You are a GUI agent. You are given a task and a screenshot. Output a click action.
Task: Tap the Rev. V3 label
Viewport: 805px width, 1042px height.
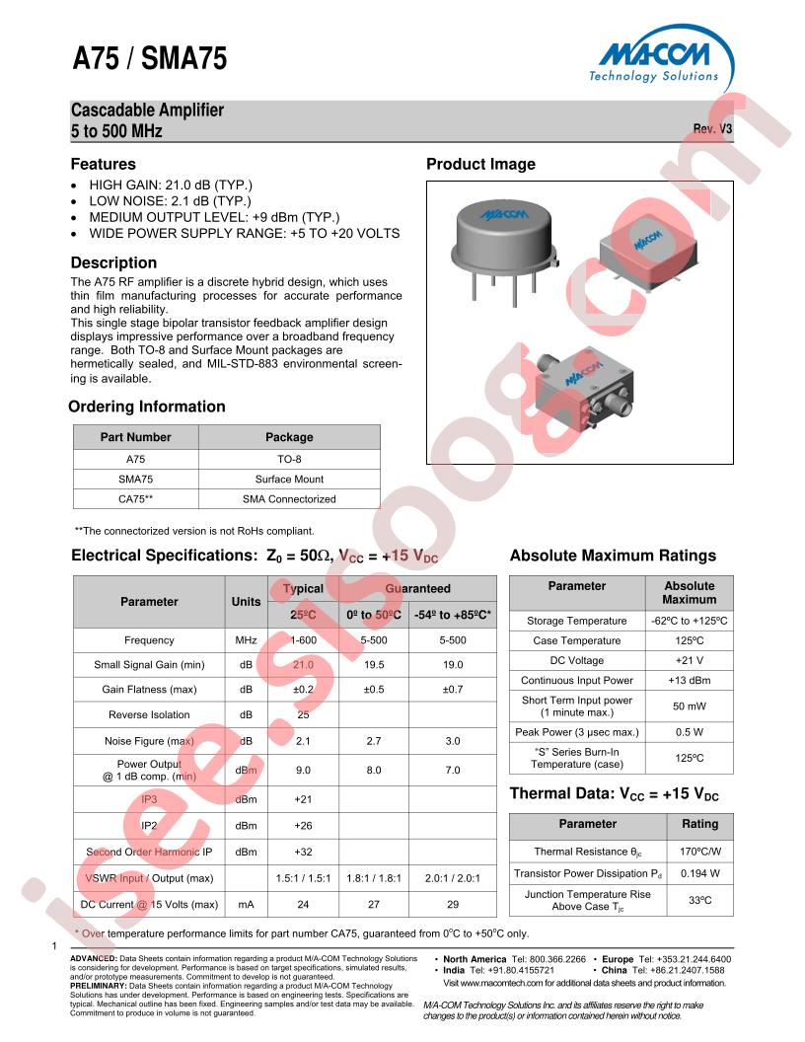[x=712, y=128]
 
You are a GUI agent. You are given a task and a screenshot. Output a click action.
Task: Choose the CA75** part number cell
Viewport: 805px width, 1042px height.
[x=136, y=499]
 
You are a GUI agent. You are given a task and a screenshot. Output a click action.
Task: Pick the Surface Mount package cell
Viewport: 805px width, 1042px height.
[x=289, y=479]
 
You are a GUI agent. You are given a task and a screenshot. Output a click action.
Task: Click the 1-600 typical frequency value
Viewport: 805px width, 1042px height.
[x=303, y=640]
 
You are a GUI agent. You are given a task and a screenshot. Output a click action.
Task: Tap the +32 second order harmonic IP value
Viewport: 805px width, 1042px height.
[x=303, y=851]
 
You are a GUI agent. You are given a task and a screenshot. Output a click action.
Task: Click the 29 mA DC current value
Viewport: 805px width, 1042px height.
[x=453, y=905]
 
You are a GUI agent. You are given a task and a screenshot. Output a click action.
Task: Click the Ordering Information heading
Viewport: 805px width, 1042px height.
[x=146, y=407]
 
